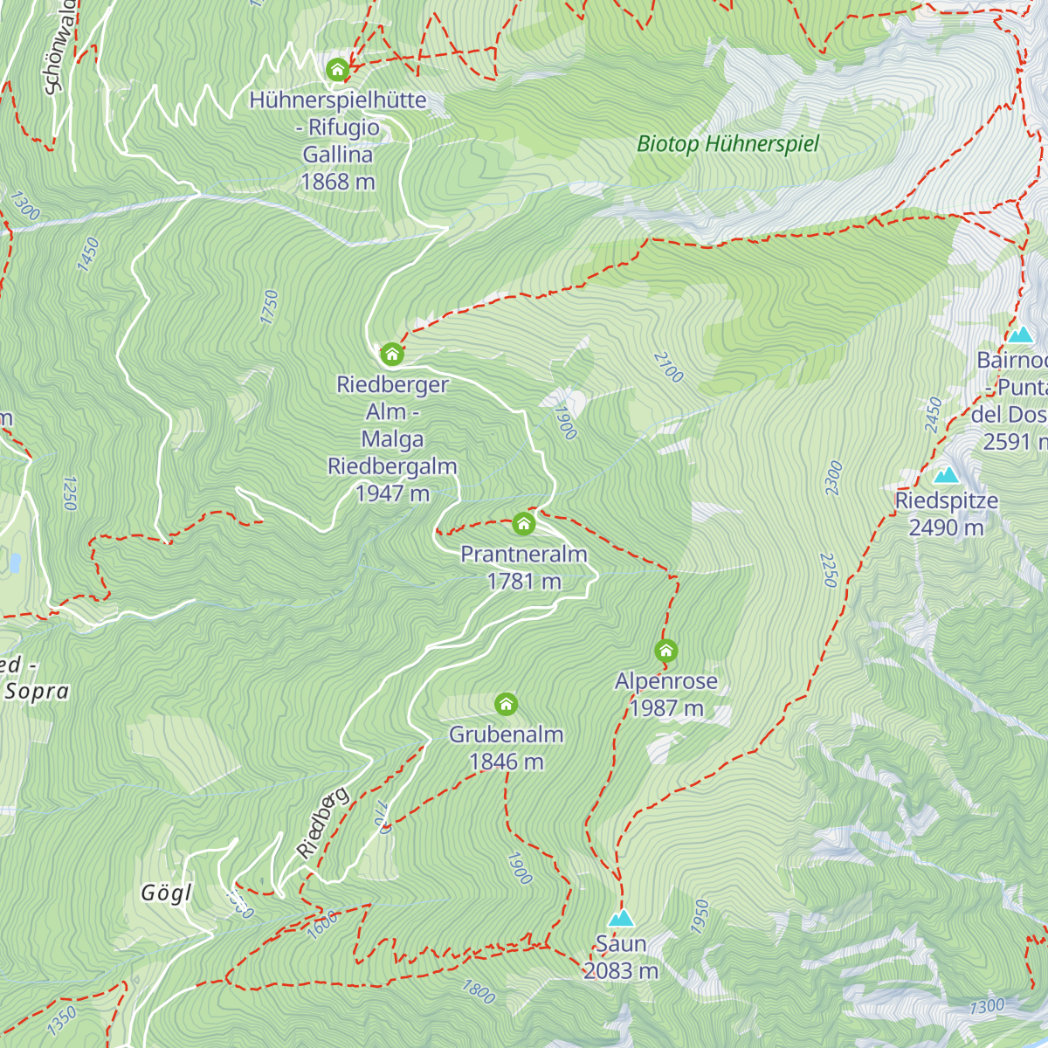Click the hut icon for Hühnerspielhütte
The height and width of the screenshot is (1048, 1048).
coord(337,69)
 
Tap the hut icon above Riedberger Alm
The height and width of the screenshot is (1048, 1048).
coord(391,354)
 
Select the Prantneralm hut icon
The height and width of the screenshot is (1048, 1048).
coord(523,523)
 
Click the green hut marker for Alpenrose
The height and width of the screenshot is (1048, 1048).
coord(666,651)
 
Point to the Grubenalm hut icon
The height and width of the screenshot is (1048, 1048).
coord(506,704)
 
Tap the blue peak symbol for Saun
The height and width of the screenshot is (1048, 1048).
coord(621,918)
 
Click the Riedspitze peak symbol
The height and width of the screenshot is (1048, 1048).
coord(946,475)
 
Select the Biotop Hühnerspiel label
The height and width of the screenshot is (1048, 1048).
coord(727,144)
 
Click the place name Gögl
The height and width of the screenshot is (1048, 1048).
coord(166,893)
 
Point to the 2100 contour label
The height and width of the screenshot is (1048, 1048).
coord(668,368)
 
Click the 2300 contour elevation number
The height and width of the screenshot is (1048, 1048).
coord(834,479)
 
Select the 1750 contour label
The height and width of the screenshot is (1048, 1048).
coord(269,307)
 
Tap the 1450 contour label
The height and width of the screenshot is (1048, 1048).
coord(88,254)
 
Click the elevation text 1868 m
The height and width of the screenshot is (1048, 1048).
coord(337,182)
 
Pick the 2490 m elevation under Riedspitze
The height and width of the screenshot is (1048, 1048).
coord(946,527)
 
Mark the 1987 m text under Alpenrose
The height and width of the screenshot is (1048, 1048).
coord(666,708)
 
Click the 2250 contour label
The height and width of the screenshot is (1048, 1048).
coord(829,569)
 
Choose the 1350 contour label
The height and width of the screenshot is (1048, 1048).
coord(62,1020)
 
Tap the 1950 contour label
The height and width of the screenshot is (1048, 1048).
coord(700,916)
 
